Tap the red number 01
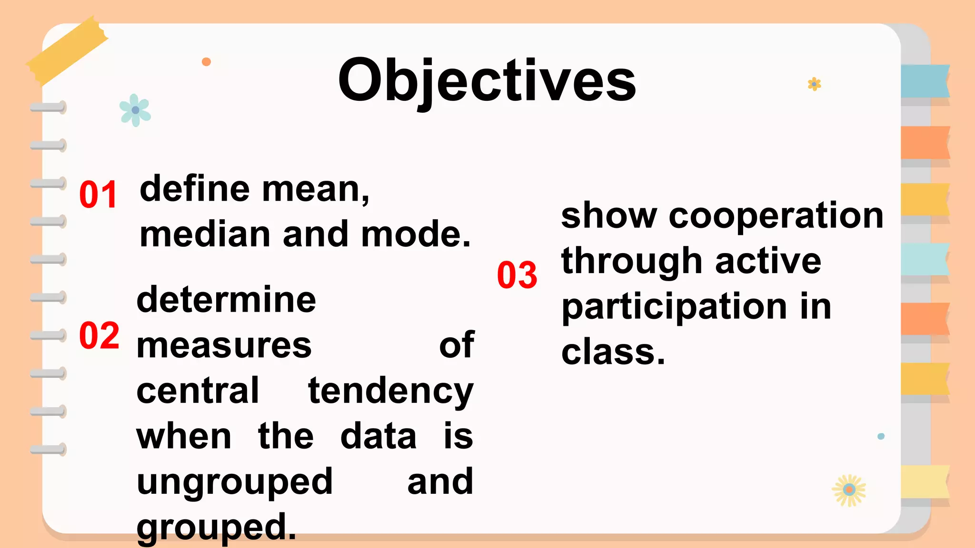[x=98, y=195]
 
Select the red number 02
[x=99, y=335]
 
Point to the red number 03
[x=517, y=275]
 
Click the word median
[x=205, y=234]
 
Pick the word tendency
[x=390, y=391]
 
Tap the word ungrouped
[x=234, y=482]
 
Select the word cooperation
[x=776, y=215]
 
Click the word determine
[x=226, y=300]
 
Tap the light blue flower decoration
[x=135, y=110]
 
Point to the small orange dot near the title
[x=206, y=62]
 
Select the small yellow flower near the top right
[x=814, y=84]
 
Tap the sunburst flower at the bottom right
[x=849, y=490]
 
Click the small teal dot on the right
[x=881, y=436]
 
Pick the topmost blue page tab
[x=925, y=81]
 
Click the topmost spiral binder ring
[x=48, y=108]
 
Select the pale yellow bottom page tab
[x=925, y=481]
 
